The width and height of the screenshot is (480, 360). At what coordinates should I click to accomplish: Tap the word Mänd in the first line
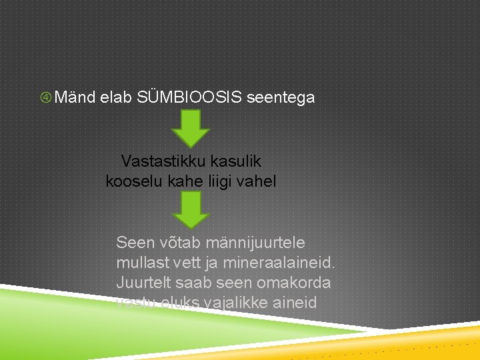click(75, 98)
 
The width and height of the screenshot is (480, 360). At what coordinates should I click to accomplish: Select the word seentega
click(281, 98)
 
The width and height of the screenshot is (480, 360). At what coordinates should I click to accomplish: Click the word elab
click(116, 98)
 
